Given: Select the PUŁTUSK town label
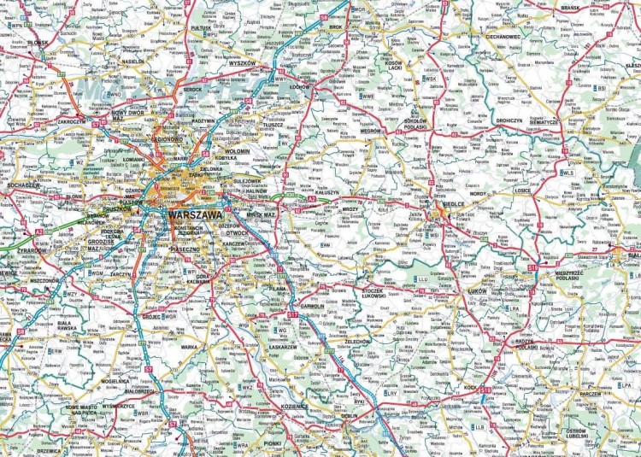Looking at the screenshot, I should point(201,28).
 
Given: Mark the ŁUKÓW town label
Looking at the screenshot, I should point(483,291).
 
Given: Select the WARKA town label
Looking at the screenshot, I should point(189,347).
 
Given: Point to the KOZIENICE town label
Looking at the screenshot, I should point(293,407).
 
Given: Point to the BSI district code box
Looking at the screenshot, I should point(602,87).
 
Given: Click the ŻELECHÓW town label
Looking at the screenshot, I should point(357,341).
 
